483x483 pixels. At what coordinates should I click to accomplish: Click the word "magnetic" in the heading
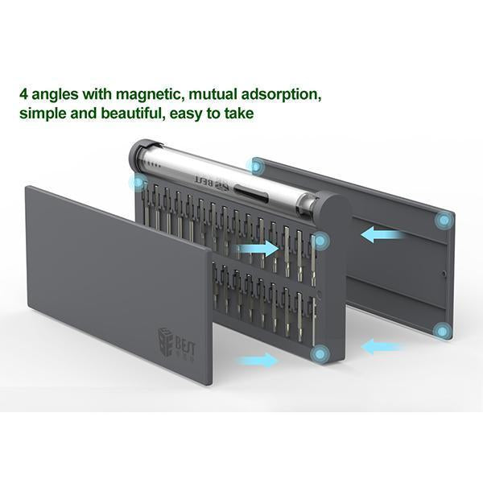tap(152, 94)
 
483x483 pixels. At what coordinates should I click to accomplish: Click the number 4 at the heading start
tap(24, 94)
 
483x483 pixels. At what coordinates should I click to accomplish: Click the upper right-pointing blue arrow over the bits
tap(258, 248)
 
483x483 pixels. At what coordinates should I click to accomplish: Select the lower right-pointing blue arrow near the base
tap(258, 360)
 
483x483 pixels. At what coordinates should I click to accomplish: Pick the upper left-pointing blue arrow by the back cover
tap(382, 234)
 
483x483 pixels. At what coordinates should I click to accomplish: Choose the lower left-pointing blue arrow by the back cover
tap(382, 346)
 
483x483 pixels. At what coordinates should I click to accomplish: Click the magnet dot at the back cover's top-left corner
tap(255, 167)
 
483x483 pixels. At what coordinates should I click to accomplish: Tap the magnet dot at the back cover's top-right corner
tap(444, 221)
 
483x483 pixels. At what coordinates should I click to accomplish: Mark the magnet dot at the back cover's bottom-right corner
tap(443, 332)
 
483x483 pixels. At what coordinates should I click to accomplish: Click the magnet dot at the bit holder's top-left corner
tap(138, 183)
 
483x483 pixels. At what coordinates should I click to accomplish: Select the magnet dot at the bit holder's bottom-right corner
tap(320, 354)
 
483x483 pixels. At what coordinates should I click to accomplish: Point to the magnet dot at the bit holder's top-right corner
tap(320, 241)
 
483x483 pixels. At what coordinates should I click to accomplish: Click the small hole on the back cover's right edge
tap(444, 273)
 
